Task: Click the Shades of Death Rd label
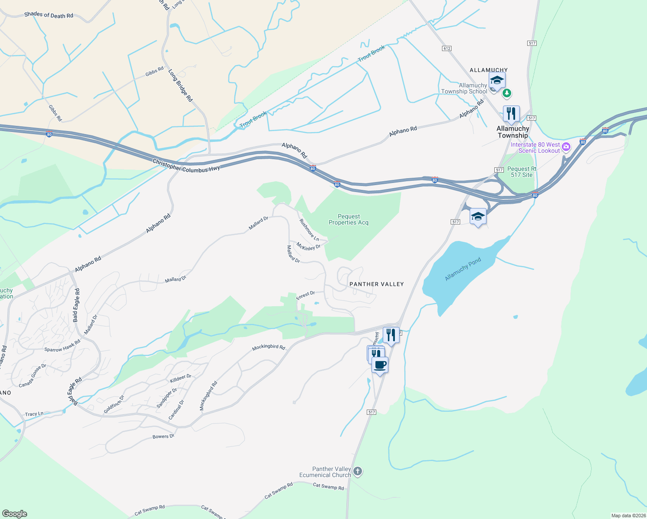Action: coord(48,15)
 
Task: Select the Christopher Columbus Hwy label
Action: coord(186,166)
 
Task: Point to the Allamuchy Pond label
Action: coord(463,269)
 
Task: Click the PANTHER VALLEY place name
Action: coord(376,284)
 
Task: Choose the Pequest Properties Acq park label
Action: coord(349,219)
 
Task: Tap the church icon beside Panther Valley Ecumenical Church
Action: coord(358,471)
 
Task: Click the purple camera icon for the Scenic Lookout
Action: coord(566,147)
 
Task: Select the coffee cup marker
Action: coord(380,365)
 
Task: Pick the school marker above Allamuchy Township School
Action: coord(497,80)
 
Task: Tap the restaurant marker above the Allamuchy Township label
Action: coord(511,114)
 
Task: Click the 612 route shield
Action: coord(447,48)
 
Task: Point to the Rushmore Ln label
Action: coord(309,230)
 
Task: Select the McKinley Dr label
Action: coord(308,247)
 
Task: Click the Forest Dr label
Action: coord(305,295)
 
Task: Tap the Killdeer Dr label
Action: coord(180,378)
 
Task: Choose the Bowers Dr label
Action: coord(163,436)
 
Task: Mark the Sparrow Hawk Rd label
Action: coord(62,346)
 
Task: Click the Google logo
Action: coord(15,513)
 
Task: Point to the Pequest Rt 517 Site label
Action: coord(522,172)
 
